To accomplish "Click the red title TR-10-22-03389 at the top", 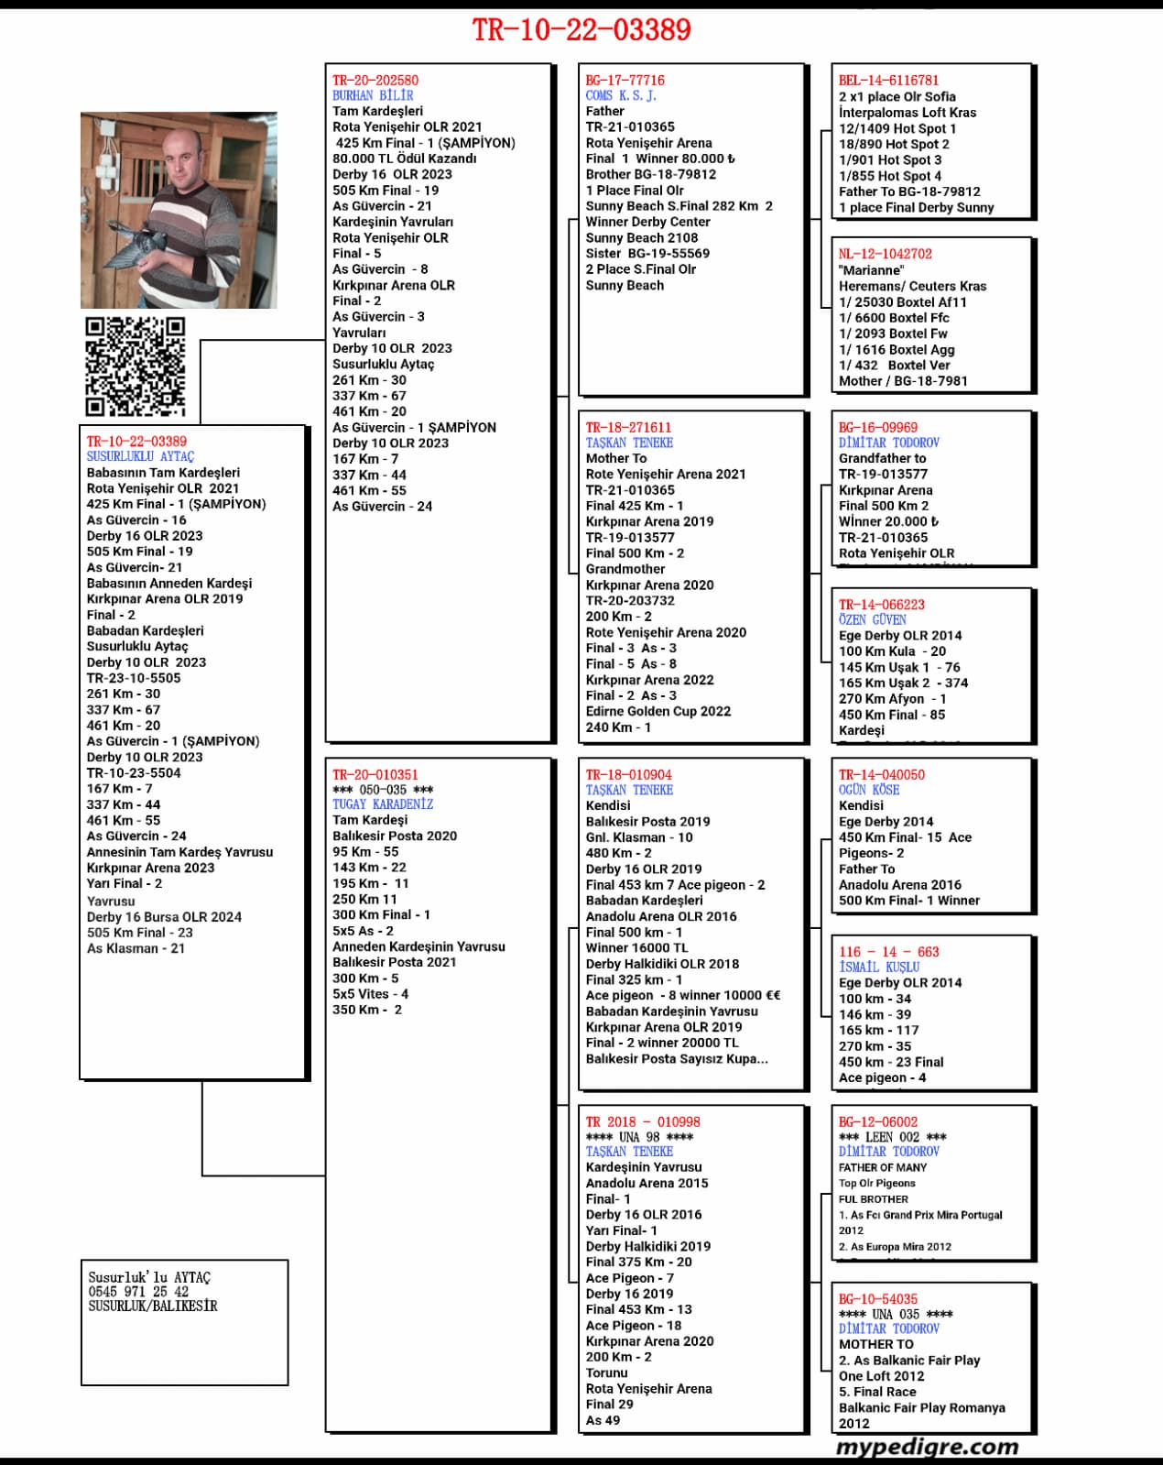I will click(x=581, y=30).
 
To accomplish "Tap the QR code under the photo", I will click(x=135, y=366).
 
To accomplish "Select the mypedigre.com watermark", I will click(x=927, y=1447).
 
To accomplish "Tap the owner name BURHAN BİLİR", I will click(x=373, y=95).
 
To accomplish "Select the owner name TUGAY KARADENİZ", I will click(x=383, y=804).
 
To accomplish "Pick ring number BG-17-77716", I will click(x=625, y=80).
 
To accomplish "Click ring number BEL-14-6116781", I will click(x=888, y=80).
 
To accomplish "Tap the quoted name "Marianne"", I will click(x=871, y=270).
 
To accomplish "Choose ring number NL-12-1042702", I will click(x=886, y=254).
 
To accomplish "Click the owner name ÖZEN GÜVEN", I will click(x=873, y=619).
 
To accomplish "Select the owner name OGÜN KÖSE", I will click(x=869, y=790).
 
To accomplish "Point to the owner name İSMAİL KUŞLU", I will click(x=879, y=967).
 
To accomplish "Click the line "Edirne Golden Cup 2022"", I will click(x=658, y=711).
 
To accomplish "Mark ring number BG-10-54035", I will click(x=878, y=1299).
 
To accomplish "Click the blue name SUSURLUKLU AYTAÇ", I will click(x=140, y=456).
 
